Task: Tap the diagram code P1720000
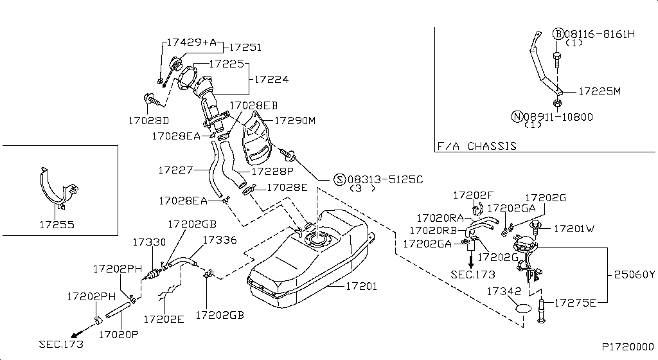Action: [627, 346]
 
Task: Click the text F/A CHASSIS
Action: [476, 146]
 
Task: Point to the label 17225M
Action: [599, 91]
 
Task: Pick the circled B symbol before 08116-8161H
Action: [558, 33]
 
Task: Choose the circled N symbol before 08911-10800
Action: [517, 116]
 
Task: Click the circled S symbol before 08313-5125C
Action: [339, 179]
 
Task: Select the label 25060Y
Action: [633, 274]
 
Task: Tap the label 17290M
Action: [295, 120]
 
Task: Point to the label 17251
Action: [245, 48]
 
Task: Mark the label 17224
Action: [272, 80]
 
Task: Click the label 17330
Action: [149, 242]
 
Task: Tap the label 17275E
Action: [575, 301]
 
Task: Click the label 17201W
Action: [574, 228]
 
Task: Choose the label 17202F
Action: [473, 194]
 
